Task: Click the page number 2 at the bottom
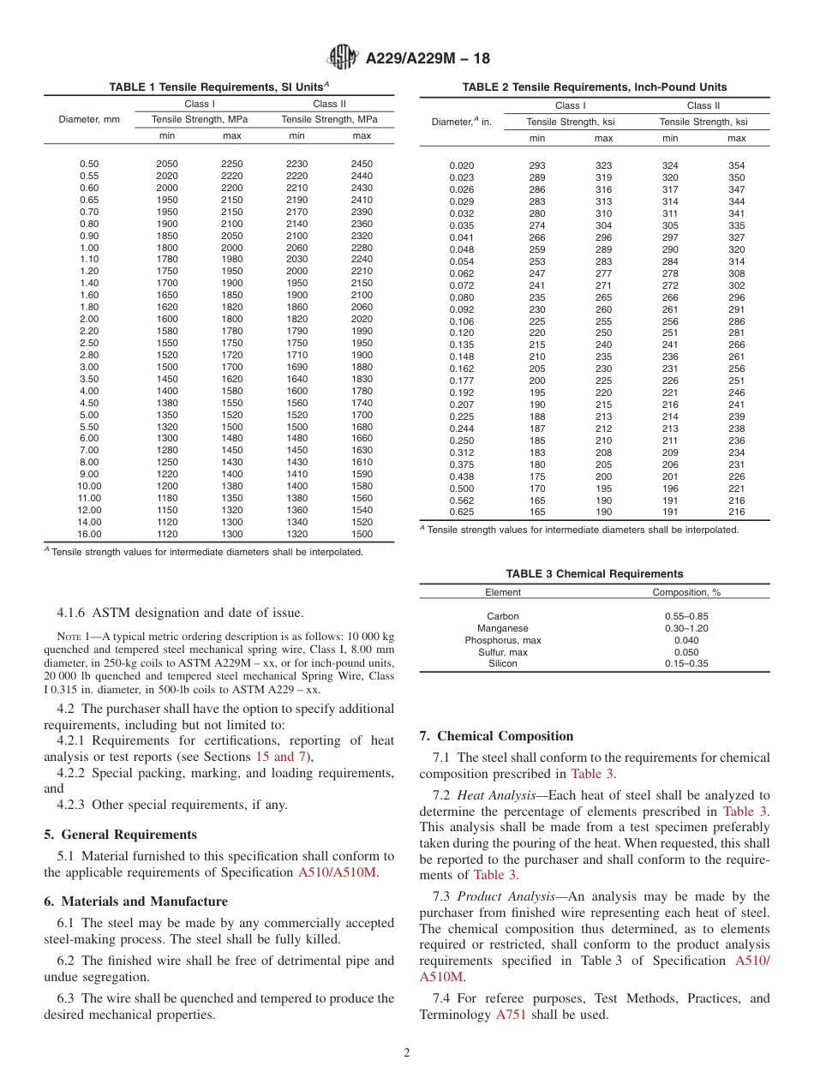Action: pos(407,1053)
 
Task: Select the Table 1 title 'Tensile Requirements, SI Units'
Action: pos(218,87)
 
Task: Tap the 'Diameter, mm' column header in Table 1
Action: pos(89,120)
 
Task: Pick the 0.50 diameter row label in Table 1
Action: pos(89,164)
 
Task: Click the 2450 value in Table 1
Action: pos(362,164)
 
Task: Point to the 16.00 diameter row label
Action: pos(89,534)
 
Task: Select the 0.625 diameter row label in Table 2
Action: pos(461,512)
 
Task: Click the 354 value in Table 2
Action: pos(736,165)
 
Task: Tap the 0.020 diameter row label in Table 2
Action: pos(461,165)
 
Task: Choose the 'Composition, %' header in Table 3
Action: pos(686,592)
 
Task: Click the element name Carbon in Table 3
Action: pos(503,616)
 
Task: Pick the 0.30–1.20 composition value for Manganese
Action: pos(686,628)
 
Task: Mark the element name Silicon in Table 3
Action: pos(503,664)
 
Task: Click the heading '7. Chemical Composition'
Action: pos(496,736)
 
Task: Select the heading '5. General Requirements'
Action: pos(120,835)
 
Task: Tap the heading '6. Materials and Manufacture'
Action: pos(135,901)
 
